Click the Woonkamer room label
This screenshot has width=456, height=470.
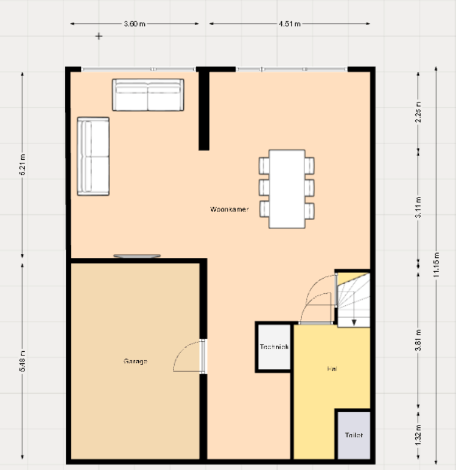pyautogui.click(x=229, y=209)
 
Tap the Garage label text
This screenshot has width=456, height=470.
pyautogui.click(x=135, y=361)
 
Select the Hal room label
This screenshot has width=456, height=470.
pyautogui.click(x=332, y=369)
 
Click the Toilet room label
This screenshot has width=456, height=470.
pyautogui.click(x=354, y=435)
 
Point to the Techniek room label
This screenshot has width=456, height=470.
pyautogui.click(x=274, y=347)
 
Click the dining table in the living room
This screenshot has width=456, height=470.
pyautogui.click(x=287, y=188)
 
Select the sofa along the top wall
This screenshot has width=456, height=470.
pyautogui.click(x=148, y=95)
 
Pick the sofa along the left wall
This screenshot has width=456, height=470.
pyautogui.click(x=93, y=157)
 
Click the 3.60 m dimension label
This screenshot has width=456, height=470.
pyautogui.click(x=135, y=24)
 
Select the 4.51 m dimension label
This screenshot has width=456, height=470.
pyautogui.click(x=289, y=24)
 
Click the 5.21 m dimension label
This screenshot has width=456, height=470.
pyautogui.click(x=23, y=165)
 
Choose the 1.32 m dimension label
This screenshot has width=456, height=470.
pyautogui.click(x=418, y=435)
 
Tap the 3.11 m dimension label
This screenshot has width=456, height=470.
pyautogui.click(x=418, y=203)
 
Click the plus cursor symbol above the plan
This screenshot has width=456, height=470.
pyautogui.click(x=99, y=37)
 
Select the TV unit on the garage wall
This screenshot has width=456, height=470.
pyautogui.click(x=137, y=256)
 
